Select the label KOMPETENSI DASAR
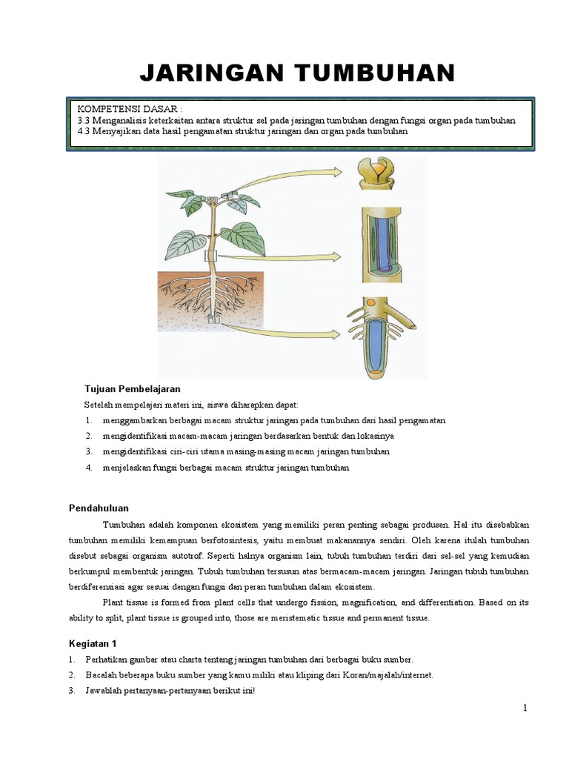(x=129, y=109)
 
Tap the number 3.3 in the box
(x=83, y=120)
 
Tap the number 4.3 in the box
(x=83, y=131)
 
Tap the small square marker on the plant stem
(x=210, y=256)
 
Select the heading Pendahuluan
(x=99, y=508)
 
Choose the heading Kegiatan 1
(x=93, y=643)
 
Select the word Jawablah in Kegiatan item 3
(x=105, y=691)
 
